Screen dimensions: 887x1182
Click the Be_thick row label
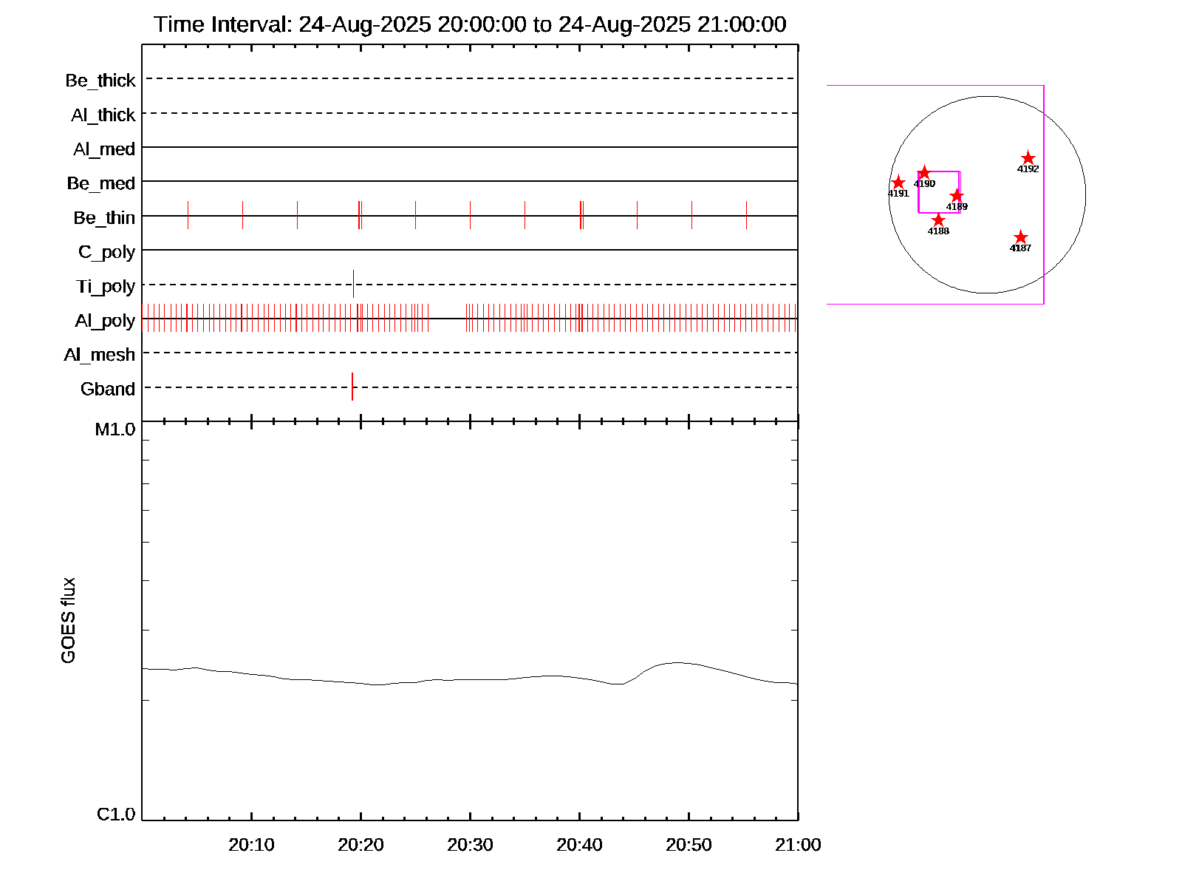pyautogui.click(x=100, y=81)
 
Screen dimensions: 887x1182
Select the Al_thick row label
pyautogui.click(x=103, y=115)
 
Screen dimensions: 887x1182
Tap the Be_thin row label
pyautogui.click(x=104, y=218)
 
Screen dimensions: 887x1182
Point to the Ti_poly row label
pyautogui.click(x=106, y=287)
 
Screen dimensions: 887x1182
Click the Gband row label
pyautogui.click(x=108, y=390)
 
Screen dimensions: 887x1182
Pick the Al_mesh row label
pyautogui.click(x=100, y=356)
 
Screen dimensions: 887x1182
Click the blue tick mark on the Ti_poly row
pyautogui.click(x=353, y=284)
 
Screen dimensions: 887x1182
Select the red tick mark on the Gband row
pyautogui.click(x=352, y=387)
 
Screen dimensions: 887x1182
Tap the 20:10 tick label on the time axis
pyautogui.click(x=251, y=845)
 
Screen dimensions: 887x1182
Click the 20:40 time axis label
pyautogui.click(x=579, y=845)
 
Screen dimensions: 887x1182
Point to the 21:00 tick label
pyautogui.click(x=798, y=845)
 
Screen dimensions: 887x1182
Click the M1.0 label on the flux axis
pyautogui.click(x=115, y=429)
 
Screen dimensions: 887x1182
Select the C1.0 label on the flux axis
pyautogui.click(x=116, y=815)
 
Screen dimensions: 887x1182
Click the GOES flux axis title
pyautogui.click(x=68, y=621)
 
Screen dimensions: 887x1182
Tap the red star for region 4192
pyautogui.click(x=1028, y=158)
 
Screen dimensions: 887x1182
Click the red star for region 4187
pyautogui.click(x=1020, y=237)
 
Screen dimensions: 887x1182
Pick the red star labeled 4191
pyautogui.click(x=898, y=183)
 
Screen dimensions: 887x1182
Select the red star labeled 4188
pyautogui.click(x=938, y=220)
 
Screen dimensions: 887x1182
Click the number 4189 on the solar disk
pyautogui.click(x=957, y=207)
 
